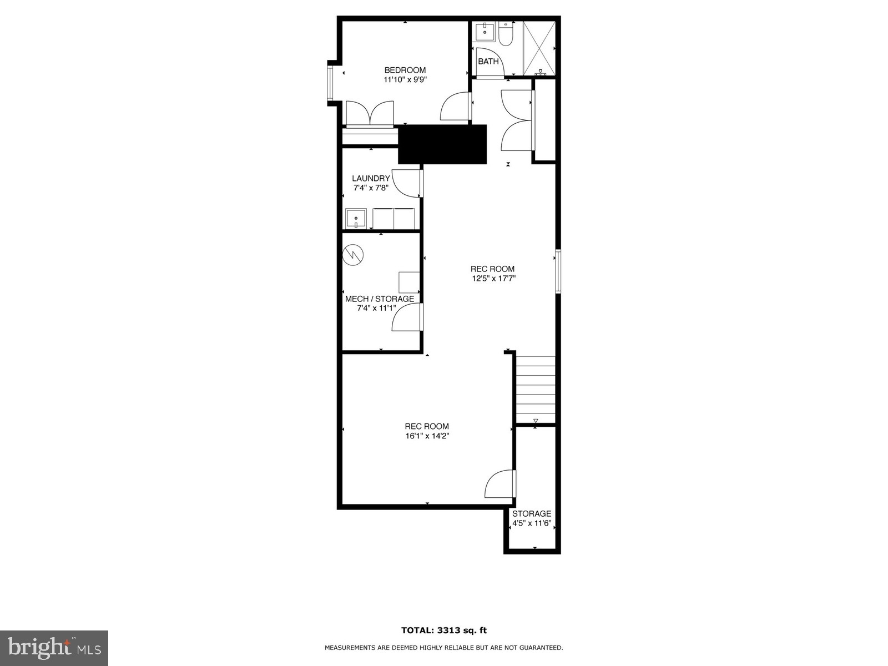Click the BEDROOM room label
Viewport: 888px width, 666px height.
pyautogui.click(x=405, y=70)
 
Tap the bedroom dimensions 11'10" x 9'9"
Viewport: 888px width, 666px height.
pyautogui.click(x=405, y=79)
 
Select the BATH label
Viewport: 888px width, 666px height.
pyautogui.click(x=488, y=62)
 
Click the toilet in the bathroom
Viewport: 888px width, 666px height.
pyautogui.click(x=506, y=35)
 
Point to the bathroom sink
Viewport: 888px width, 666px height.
pyautogui.click(x=485, y=31)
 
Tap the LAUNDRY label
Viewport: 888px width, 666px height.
pyautogui.click(x=371, y=178)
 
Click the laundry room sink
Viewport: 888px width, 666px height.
pyautogui.click(x=355, y=218)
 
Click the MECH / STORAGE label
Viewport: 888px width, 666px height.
pyautogui.click(x=380, y=299)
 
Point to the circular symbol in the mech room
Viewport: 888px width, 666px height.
pyautogui.click(x=353, y=255)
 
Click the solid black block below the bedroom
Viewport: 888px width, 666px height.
pyautogui.click(x=442, y=144)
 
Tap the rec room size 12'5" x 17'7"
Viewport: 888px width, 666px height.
pyautogui.click(x=494, y=279)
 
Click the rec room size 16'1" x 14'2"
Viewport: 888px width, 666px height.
pyautogui.click(x=427, y=436)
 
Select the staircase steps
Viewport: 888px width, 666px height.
pyautogui.click(x=536, y=389)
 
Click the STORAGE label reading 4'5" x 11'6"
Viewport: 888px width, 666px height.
pyautogui.click(x=532, y=518)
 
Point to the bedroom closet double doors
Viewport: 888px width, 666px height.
pyautogui.click(x=370, y=114)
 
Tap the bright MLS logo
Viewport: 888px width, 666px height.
pyautogui.click(x=54, y=648)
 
